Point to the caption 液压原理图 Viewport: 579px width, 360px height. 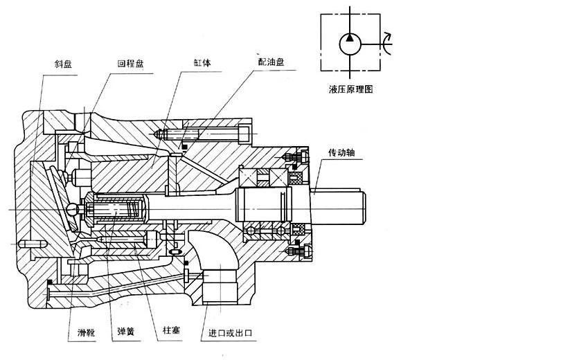[351, 89]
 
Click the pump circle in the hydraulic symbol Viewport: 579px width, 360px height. [350, 44]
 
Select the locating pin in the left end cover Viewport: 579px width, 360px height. [33, 244]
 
